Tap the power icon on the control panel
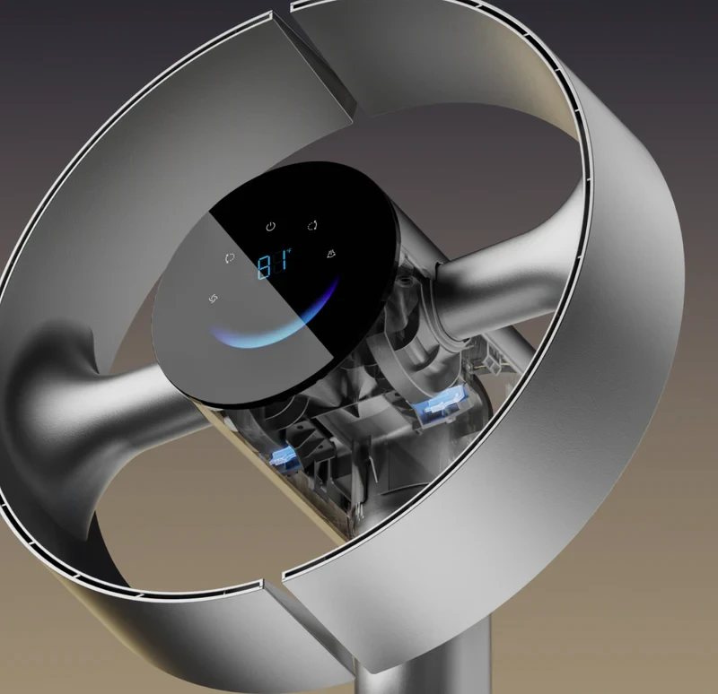point(271,227)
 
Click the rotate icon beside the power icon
point(312,226)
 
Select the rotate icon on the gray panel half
point(230,258)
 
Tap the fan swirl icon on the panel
point(214,299)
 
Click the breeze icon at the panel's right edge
point(330,254)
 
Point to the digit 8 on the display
point(264,267)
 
